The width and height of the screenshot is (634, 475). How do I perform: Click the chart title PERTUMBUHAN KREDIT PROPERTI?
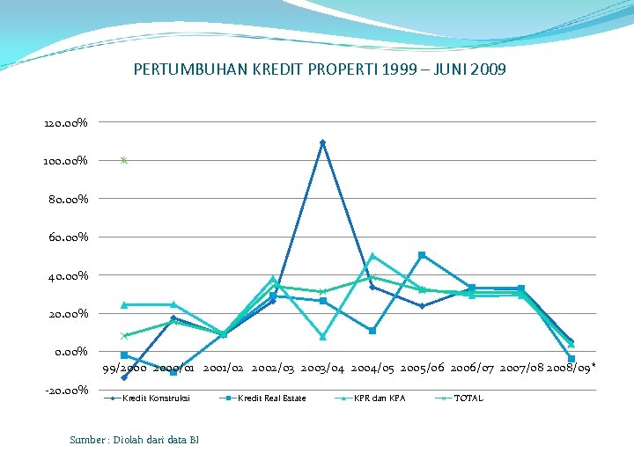point(320,69)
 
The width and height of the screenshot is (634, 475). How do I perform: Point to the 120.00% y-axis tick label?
point(65,123)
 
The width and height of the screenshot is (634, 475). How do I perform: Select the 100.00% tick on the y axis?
point(65,162)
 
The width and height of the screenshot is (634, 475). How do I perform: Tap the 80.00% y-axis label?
point(67,200)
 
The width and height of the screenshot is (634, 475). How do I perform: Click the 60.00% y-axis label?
point(67,237)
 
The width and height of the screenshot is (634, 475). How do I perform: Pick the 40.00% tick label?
point(67,276)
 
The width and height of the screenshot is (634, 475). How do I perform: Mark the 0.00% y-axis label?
point(70,352)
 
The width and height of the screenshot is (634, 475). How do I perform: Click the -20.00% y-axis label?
point(65,390)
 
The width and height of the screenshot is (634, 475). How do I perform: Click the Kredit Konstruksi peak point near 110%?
point(322,142)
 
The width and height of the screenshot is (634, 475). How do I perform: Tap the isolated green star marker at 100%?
point(124,161)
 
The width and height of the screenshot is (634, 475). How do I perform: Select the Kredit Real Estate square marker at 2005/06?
point(422,255)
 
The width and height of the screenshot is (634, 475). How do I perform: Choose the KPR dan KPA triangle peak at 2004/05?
point(372,256)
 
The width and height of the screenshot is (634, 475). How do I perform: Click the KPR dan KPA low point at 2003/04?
point(323,337)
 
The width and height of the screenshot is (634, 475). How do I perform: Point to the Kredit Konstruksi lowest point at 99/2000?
point(124,377)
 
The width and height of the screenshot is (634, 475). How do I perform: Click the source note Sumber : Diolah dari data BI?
point(134,439)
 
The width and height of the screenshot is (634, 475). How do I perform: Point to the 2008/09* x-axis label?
point(571,366)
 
